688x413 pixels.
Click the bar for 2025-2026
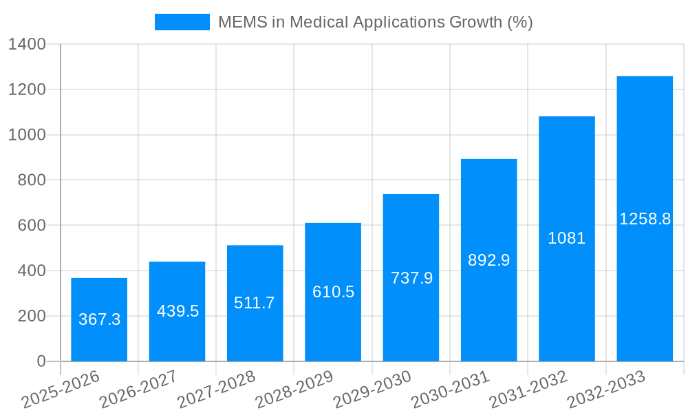click(x=99, y=319)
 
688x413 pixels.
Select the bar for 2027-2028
click(x=255, y=303)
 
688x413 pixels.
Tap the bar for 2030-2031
click(x=488, y=260)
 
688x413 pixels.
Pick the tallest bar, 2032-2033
click(x=645, y=218)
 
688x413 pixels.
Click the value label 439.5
click(x=178, y=311)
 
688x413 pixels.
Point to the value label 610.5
click(x=333, y=292)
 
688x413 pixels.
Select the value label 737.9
click(x=411, y=278)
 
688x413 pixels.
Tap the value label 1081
click(x=566, y=238)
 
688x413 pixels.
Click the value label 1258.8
click(x=645, y=219)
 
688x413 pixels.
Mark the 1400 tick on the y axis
click(x=27, y=45)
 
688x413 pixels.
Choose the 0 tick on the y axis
click(x=41, y=361)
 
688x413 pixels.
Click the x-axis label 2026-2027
click(x=138, y=390)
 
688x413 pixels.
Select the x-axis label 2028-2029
click(x=294, y=390)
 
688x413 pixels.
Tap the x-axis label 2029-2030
click(x=372, y=390)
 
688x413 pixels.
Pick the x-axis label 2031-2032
click(x=528, y=390)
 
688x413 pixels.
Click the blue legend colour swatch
click(x=182, y=22)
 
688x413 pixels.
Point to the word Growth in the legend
click(x=475, y=22)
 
